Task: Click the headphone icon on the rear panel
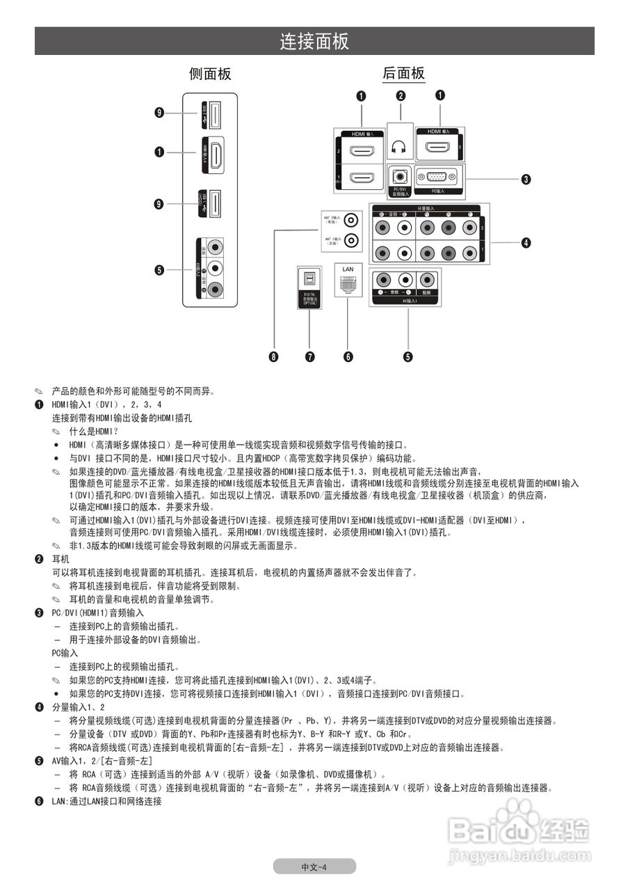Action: coord(398,148)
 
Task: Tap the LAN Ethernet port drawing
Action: coord(348,284)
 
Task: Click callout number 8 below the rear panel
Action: coord(274,357)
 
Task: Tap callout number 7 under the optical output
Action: coord(309,357)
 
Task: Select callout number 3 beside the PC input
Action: coord(526,179)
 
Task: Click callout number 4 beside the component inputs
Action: coord(526,243)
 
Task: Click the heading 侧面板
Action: coord(210,74)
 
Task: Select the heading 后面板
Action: coord(403,74)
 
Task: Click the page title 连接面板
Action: coord(314,41)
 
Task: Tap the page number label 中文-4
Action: coord(314,867)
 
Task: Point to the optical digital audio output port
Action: coord(309,279)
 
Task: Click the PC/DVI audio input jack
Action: coord(398,177)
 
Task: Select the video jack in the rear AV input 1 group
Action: coord(426,281)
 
